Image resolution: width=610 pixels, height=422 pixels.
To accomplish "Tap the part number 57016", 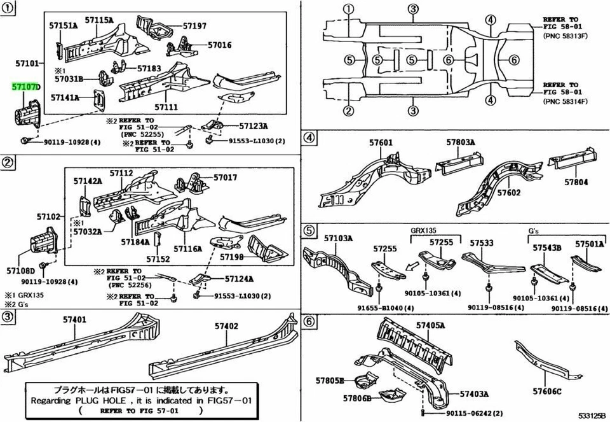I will (219, 45).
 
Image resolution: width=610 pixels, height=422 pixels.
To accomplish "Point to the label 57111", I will (166, 108).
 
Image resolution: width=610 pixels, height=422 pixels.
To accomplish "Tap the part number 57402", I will (226, 326).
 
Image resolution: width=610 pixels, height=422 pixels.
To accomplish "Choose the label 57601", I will (381, 144).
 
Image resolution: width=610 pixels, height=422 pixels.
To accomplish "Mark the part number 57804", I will (576, 182).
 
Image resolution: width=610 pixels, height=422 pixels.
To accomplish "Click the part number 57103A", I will (339, 238).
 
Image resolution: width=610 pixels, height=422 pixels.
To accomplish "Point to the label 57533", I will (482, 243).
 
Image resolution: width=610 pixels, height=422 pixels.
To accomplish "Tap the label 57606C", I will (547, 391).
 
